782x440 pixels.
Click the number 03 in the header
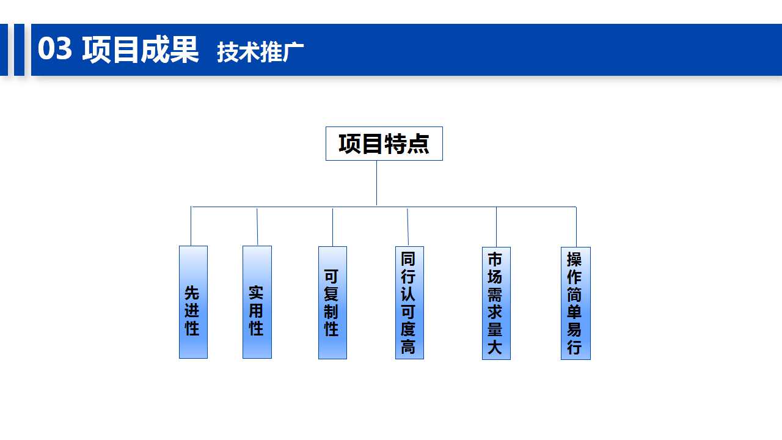(55, 48)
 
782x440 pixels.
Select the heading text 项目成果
(141, 50)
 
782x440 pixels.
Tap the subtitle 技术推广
(260, 52)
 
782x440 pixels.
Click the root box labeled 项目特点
(384, 144)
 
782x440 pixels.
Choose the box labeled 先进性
(193, 302)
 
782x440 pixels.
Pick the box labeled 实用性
(257, 302)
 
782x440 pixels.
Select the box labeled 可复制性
(332, 302)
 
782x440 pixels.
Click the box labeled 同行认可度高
(409, 302)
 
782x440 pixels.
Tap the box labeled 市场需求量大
(496, 303)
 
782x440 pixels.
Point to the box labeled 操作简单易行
(576, 303)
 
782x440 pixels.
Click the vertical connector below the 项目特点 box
(376, 183)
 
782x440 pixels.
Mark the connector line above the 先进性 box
(191, 226)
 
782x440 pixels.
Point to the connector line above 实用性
(257, 227)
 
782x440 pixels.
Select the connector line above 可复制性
(332, 227)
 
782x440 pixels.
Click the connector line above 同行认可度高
(407, 227)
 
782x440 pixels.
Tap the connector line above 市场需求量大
(496, 227)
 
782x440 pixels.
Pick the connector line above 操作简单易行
(576, 227)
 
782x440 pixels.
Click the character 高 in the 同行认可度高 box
(408, 346)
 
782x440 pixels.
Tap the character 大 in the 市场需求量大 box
(495, 346)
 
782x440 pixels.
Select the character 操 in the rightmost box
(574, 260)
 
